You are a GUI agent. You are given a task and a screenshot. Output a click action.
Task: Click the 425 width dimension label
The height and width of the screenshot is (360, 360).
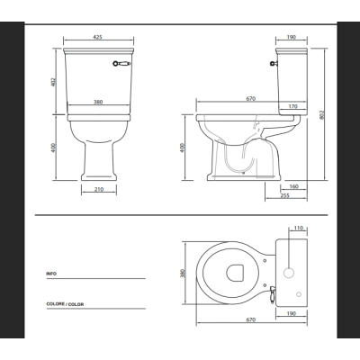pos(98,37)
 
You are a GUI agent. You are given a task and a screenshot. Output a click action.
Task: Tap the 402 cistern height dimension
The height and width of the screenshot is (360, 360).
pos(53,82)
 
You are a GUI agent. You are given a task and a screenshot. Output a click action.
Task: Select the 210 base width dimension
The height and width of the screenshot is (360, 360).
pos(99,189)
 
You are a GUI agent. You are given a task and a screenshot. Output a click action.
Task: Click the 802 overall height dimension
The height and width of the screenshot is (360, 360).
pos(322,115)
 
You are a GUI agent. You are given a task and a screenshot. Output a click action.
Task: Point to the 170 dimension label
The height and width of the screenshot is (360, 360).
pos(293,106)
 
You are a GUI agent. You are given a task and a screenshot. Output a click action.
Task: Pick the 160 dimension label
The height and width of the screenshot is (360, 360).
pos(294,186)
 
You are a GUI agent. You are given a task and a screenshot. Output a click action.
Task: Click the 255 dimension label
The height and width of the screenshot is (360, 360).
pos(284,195)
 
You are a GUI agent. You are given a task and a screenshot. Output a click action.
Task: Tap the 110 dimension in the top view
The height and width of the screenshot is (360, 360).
pos(299,228)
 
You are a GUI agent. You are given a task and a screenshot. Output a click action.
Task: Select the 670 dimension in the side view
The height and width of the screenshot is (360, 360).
pos(251,98)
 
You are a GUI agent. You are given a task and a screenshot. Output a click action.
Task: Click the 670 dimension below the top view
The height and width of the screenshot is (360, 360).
pos(251,319)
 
